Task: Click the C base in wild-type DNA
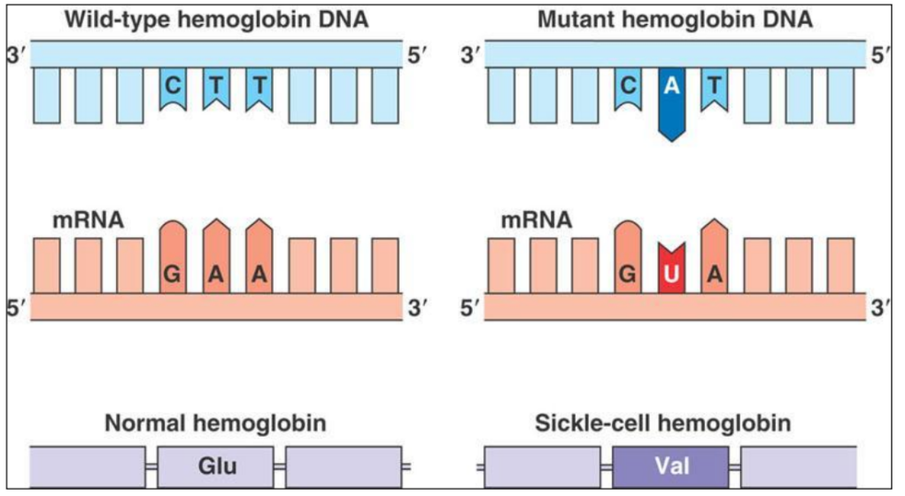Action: [x=174, y=87]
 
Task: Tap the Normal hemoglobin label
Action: [x=215, y=423]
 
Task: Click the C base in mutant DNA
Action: [x=629, y=87]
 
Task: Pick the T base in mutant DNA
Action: [x=714, y=87]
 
